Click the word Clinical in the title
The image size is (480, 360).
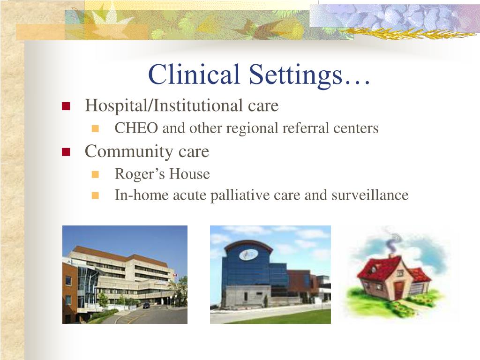[194, 74]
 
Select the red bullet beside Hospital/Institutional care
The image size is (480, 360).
[66, 106]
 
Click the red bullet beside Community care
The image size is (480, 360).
[66, 152]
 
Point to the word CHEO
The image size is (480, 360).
[136, 128]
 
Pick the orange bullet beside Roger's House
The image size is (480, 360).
[95, 174]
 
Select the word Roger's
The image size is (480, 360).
[140, 174]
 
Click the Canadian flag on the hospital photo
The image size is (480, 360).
[175, 275]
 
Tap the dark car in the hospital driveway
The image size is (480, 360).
[147, 305]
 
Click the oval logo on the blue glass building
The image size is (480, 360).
[248, 255]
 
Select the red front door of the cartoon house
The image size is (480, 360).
[399, 291]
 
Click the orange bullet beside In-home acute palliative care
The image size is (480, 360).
[95, 195]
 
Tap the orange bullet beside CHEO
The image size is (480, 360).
[95, 128]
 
